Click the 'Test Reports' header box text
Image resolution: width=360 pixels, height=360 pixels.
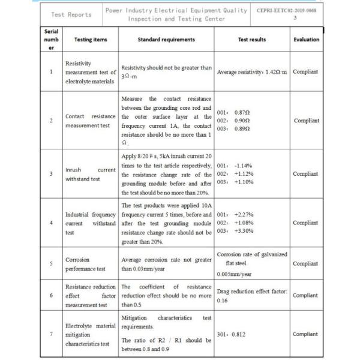[71, 14]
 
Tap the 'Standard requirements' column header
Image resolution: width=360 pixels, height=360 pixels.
[166, 40]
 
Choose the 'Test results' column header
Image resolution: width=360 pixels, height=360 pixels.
[252, 40]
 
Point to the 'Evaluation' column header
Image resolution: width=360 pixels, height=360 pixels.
[306, 40]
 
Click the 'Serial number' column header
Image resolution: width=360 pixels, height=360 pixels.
[51, 40]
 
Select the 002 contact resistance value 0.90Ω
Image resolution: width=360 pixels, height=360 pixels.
[242, 120]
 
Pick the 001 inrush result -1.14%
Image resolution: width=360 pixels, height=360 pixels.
[242, 165]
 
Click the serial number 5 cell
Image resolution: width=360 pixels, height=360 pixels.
[51, 263]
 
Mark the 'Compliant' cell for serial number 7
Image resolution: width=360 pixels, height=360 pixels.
[305, 334]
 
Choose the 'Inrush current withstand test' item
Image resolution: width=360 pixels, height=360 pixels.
[90, 174]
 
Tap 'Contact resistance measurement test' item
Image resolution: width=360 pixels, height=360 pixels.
[90, 120]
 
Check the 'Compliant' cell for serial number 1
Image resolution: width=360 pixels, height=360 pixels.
[305, 72]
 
